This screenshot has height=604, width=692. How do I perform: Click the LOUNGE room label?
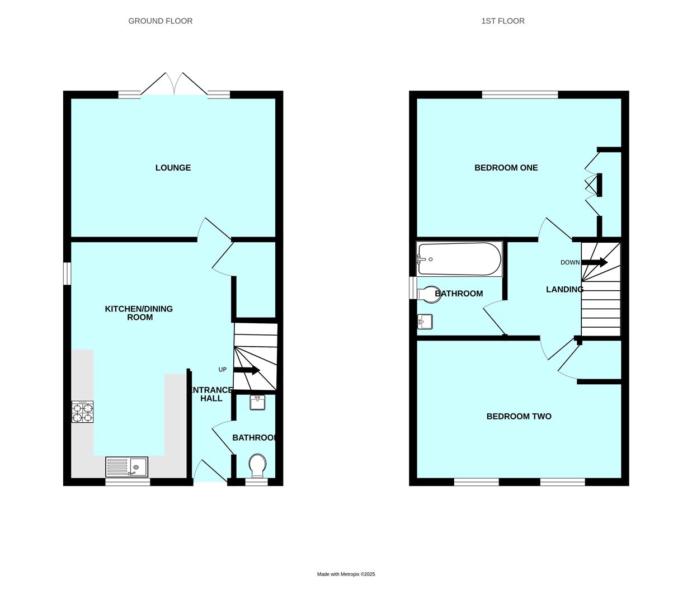173,168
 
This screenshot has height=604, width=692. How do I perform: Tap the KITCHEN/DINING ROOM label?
139,313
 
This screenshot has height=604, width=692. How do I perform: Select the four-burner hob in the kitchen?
82,412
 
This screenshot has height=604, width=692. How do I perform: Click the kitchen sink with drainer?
126,467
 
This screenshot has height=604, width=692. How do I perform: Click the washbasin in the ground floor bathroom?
257,403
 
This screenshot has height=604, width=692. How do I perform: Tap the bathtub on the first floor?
459,259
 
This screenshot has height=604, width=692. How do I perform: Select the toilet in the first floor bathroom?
428,294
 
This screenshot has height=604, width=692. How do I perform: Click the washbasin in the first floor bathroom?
425,322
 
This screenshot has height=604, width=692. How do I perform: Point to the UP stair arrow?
247,370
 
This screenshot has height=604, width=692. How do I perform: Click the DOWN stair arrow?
594,262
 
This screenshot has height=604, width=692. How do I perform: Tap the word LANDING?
564,289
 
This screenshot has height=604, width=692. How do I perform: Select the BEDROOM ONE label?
506,168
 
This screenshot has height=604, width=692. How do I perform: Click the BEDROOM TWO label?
519,417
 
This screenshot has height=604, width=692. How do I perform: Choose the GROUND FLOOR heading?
161,21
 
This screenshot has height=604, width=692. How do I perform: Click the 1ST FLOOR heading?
502,21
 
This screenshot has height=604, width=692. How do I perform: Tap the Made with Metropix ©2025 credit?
346,574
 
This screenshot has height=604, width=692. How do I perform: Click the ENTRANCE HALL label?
211,394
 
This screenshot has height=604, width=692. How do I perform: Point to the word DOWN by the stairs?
570,262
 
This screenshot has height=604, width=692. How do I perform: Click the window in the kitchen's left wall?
67,273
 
